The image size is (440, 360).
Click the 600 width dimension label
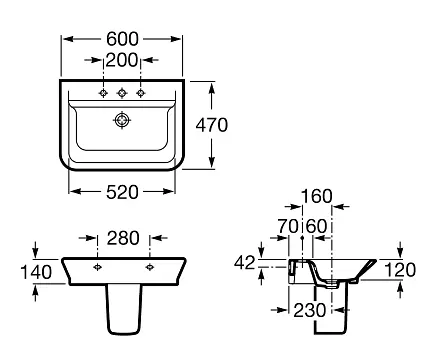coord(122,39)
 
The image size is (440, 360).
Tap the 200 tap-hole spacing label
coord(121,60)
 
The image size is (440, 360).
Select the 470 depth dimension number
coord(212,125)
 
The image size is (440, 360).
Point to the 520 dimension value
coord(122,192)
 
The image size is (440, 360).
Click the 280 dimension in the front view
coord(123,238)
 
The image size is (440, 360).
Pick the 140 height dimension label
coord(36,272)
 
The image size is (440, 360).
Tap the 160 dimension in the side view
coord(317,196)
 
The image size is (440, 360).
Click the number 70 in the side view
coord(288,226)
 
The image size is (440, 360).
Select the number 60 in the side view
coord(316,226)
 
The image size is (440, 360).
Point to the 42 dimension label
coord(244,263)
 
